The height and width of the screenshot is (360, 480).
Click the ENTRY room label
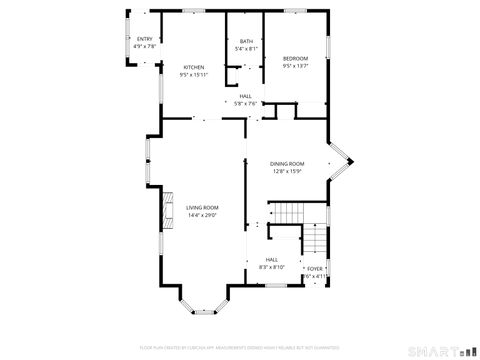145,39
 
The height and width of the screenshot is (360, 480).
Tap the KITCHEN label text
193,68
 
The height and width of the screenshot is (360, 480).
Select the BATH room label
246,41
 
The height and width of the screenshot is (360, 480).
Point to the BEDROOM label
295,59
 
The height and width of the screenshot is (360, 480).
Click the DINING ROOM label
288,164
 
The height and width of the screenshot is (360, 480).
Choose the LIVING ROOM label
202,207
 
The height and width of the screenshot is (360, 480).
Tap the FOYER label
314,269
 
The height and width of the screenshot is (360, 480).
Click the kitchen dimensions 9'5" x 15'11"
193,75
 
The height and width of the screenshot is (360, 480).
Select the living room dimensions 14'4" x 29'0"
202,215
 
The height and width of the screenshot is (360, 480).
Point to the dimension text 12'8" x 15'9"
288,171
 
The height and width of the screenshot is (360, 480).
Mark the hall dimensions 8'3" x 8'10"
272,267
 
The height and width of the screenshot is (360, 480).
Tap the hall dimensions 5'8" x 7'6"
245,103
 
